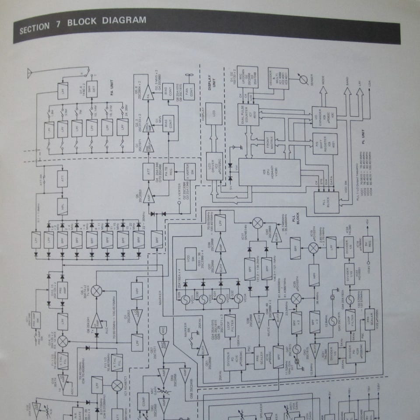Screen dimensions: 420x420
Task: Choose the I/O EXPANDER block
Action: pos(324,117)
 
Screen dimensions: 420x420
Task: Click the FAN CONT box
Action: pos(189,91)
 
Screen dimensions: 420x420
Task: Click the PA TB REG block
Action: pos(168,171)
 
